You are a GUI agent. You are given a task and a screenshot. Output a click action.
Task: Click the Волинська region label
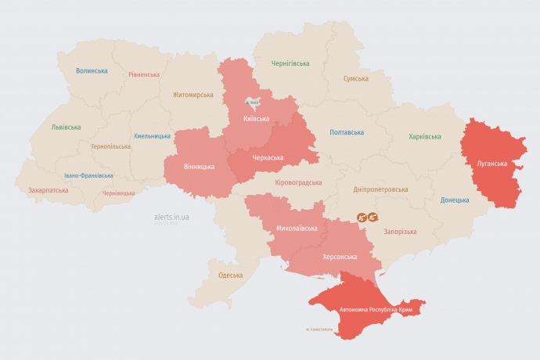92,71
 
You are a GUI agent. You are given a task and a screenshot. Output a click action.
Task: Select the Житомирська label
193,95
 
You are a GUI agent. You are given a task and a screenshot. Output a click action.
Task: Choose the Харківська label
424,137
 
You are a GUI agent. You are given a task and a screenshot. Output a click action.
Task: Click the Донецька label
454,200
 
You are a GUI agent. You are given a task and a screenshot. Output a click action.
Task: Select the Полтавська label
347,132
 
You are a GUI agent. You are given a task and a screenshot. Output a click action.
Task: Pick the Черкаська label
268,157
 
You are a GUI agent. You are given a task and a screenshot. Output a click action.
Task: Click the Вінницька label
200,167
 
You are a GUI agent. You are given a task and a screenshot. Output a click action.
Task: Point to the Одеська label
230,275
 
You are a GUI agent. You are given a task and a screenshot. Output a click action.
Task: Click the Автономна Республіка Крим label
376,310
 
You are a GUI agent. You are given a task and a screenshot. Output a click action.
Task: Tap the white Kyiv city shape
254,103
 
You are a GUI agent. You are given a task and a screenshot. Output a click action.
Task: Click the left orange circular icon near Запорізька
362,217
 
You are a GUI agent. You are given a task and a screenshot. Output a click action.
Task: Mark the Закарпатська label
48,190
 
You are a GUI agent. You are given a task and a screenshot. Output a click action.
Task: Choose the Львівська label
66,127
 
